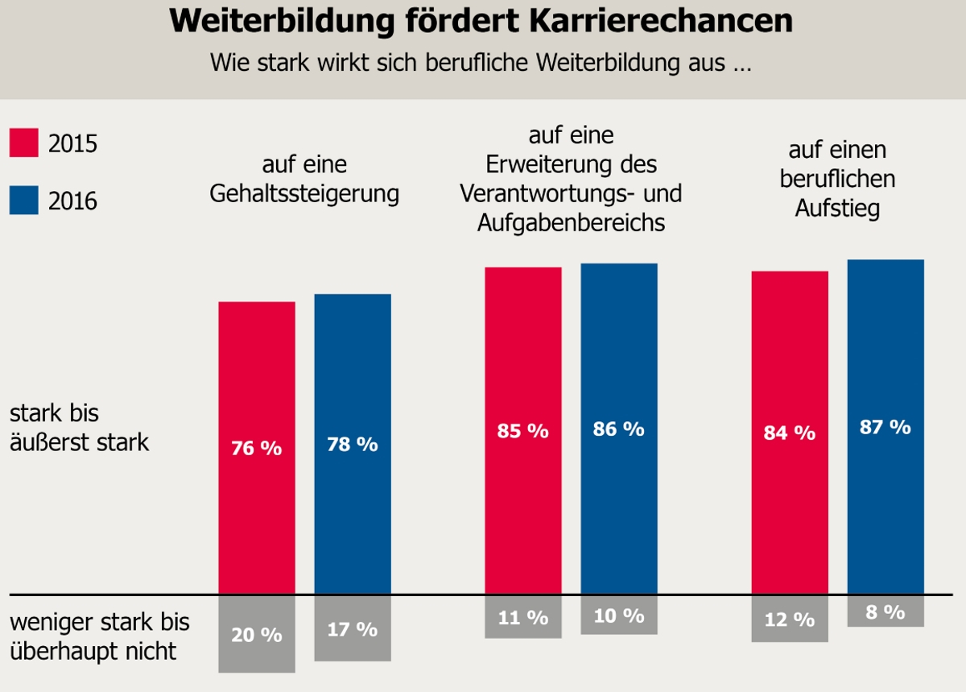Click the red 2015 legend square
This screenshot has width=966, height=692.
(24, 143)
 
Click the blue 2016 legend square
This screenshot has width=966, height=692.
(24, 200)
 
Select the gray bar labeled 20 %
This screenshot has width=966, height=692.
(257, 634)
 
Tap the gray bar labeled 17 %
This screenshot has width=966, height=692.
(353, 628)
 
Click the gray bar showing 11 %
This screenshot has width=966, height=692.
(523, 617)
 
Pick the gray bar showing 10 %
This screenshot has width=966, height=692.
(619, 615)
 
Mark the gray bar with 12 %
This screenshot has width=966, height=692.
(790, 619)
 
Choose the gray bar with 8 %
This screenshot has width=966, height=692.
(885, 611)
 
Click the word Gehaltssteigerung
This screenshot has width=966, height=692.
(304, 194)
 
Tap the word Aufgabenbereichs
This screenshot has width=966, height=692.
(571, 223)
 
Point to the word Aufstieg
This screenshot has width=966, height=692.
(837, 208)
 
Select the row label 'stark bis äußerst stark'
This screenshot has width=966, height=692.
(79, 428)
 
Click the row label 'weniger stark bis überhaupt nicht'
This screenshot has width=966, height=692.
(99, 636)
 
